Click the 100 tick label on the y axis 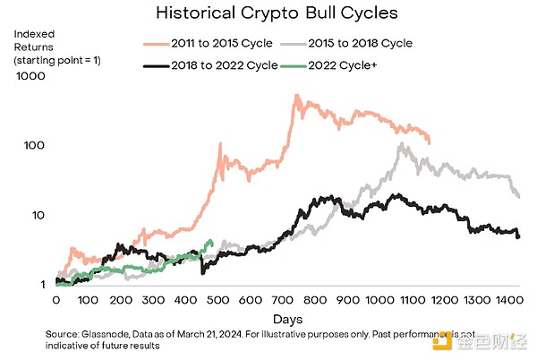tap(34, 145)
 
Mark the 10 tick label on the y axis tap(38, 215)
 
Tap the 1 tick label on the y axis tap(41, 285)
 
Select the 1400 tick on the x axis tap(507, 302)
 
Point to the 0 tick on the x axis tap(55, 302)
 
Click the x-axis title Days tap(288, 319)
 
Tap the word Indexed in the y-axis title tap(32, 34)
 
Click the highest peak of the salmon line tap(296, 95)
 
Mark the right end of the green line tap(210, 240)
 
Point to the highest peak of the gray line tap(402, 143)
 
